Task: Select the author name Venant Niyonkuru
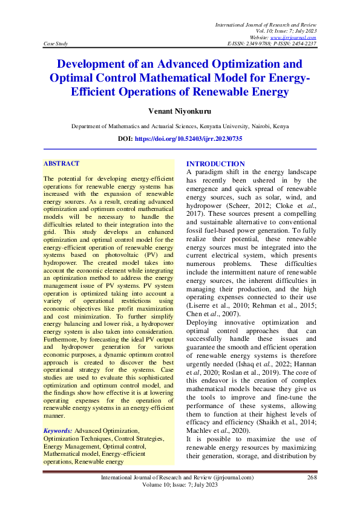[180, 111]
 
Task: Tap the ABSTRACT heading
[61, 163]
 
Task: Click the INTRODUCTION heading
[215, 164]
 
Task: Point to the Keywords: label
[59, 431]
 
